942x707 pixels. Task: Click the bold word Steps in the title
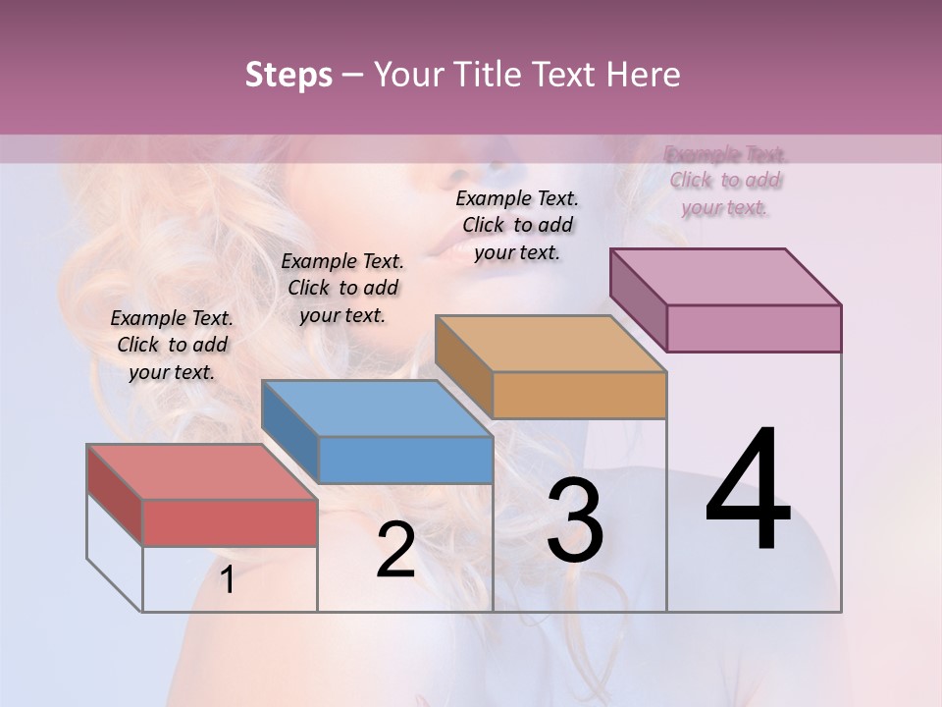[288, 75]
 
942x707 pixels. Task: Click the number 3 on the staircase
[575, 519]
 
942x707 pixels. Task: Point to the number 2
[395, 550]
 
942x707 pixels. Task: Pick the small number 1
[227, 579]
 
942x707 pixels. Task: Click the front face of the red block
[230, 522]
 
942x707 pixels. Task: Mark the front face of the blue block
[405, 460]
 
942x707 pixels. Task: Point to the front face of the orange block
[579, 396]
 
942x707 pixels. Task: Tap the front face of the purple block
[754, 328]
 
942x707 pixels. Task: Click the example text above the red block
[172, 345]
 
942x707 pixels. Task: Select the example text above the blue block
[342, 288]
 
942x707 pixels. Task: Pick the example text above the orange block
[517, 225]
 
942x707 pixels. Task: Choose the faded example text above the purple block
[725, 181]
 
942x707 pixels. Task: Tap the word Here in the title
[643, 75]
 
